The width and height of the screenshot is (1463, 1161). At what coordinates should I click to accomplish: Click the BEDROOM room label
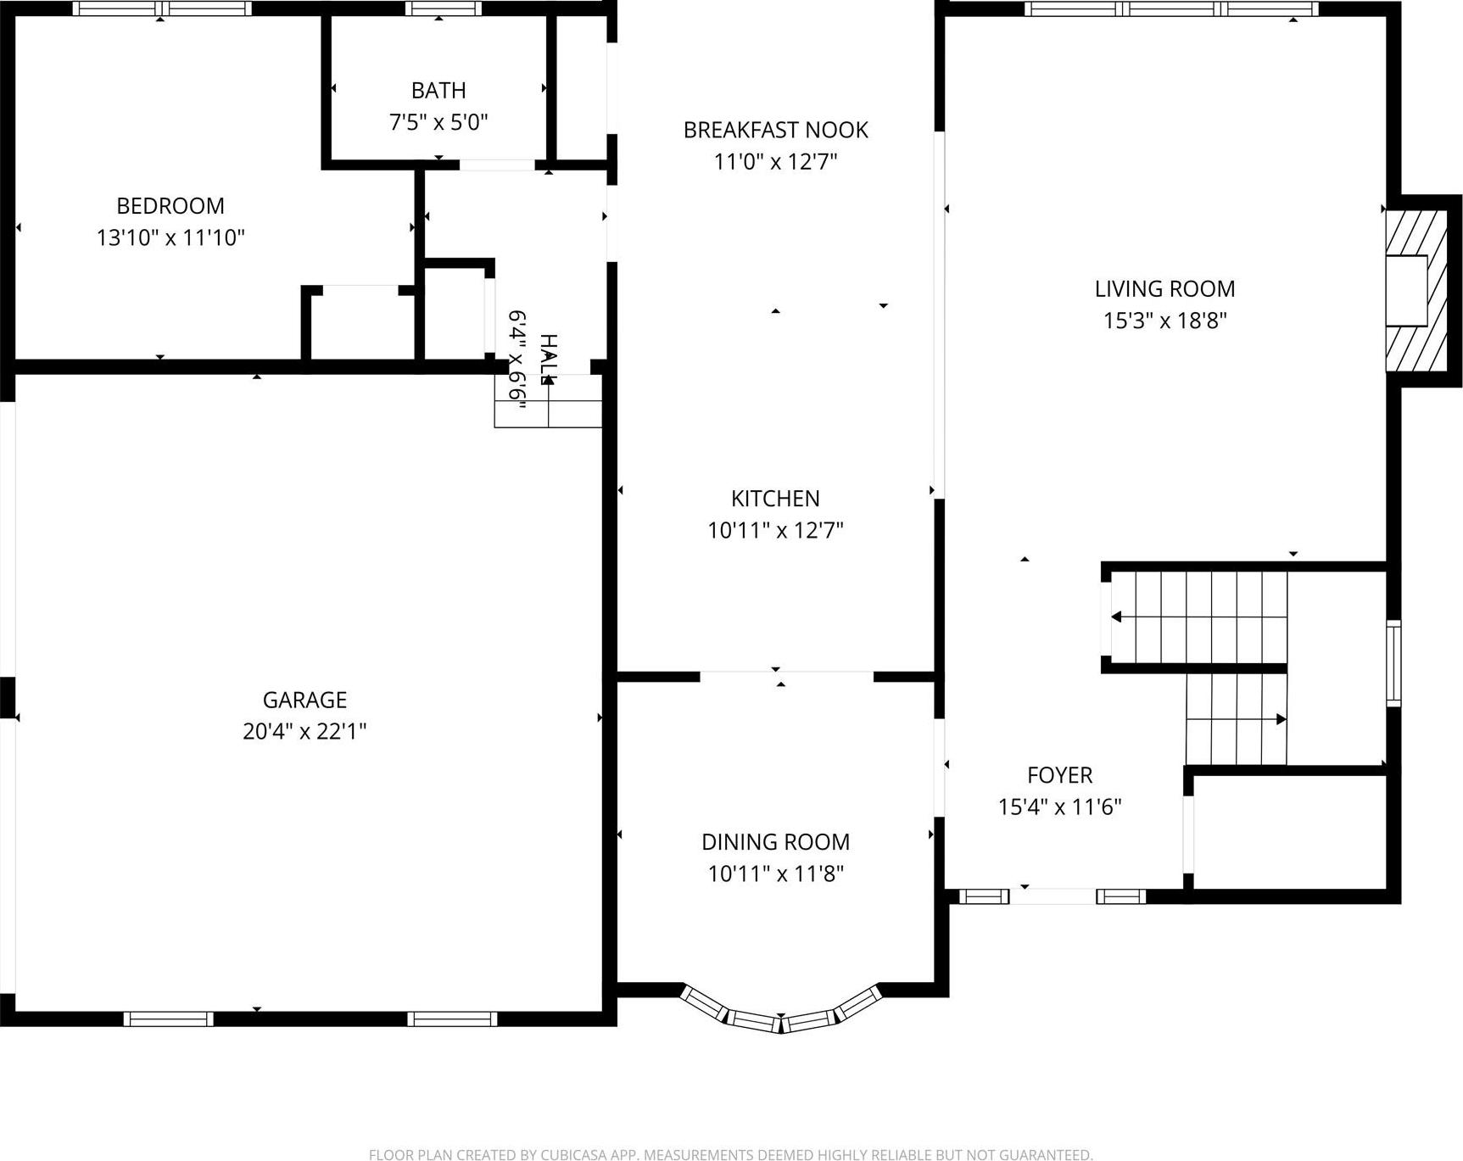point(170,206)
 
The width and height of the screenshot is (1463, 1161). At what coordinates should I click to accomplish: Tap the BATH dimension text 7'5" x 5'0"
point(438,122)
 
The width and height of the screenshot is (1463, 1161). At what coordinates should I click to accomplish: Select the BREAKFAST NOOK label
point(775,130)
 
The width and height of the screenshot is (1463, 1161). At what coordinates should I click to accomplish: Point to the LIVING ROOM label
point(1164,289)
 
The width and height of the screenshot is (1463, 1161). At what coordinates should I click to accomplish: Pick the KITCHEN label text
point(775,499)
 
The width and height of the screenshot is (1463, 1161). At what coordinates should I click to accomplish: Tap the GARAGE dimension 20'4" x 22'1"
point(304,731)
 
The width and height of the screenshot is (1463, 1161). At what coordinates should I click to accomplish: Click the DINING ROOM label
point(775,842)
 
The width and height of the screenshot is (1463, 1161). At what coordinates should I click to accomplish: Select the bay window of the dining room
point(781,1013)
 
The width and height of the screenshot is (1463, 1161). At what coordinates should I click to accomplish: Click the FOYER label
point(1059,775)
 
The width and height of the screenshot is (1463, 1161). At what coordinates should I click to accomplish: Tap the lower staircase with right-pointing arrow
point(1236,719)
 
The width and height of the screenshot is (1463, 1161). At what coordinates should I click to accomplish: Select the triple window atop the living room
point(1171,9)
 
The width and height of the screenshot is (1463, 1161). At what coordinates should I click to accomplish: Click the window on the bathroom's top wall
point(443,8)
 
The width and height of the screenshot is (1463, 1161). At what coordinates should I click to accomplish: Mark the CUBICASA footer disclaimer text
point(730,1154)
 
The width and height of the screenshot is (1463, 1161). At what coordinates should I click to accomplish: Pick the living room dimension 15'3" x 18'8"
point(1164,321)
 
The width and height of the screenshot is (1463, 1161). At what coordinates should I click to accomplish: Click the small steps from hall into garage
point(548,403)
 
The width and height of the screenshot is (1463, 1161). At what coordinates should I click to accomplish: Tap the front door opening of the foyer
point(1053,896)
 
